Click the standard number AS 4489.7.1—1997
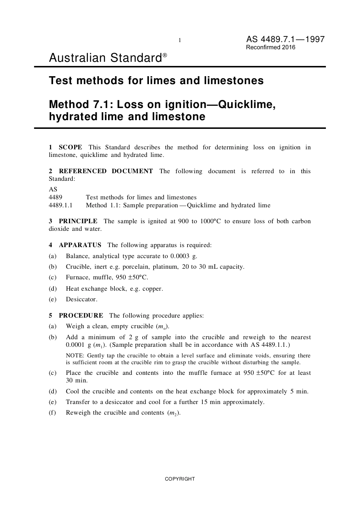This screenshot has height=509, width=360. [x=285, y=39]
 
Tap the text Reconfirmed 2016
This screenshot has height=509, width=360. [x=271, y=47]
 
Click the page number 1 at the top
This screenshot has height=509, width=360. [x=180, y=40]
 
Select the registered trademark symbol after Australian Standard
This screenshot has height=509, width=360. [x=165, y=56]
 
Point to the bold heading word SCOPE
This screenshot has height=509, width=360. [x=70, y=147]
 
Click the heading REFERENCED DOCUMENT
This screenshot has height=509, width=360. [x=106, y=171]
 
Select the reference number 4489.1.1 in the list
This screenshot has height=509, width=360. [x=61, y=205]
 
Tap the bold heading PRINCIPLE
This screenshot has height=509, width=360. [x=78, y=221]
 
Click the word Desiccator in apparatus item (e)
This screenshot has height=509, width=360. [x=81, y=299]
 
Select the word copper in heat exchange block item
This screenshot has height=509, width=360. [x=152, y=288]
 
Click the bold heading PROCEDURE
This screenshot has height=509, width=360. [x=81, y=315]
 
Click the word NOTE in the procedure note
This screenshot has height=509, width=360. [x=75, y=356]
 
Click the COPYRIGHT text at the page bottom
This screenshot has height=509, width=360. [x=180, y=479]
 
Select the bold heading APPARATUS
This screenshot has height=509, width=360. [x=80, y=245]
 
